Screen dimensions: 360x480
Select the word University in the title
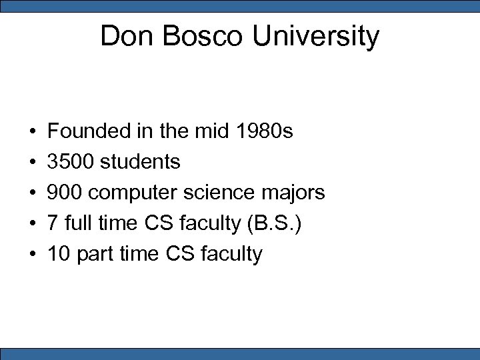pyautogui.click(x=315, y=37)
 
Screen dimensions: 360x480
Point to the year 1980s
pyautogui.click(x=265, y=131)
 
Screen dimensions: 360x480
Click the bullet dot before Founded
pyautogui.click(x=32, y=132)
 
